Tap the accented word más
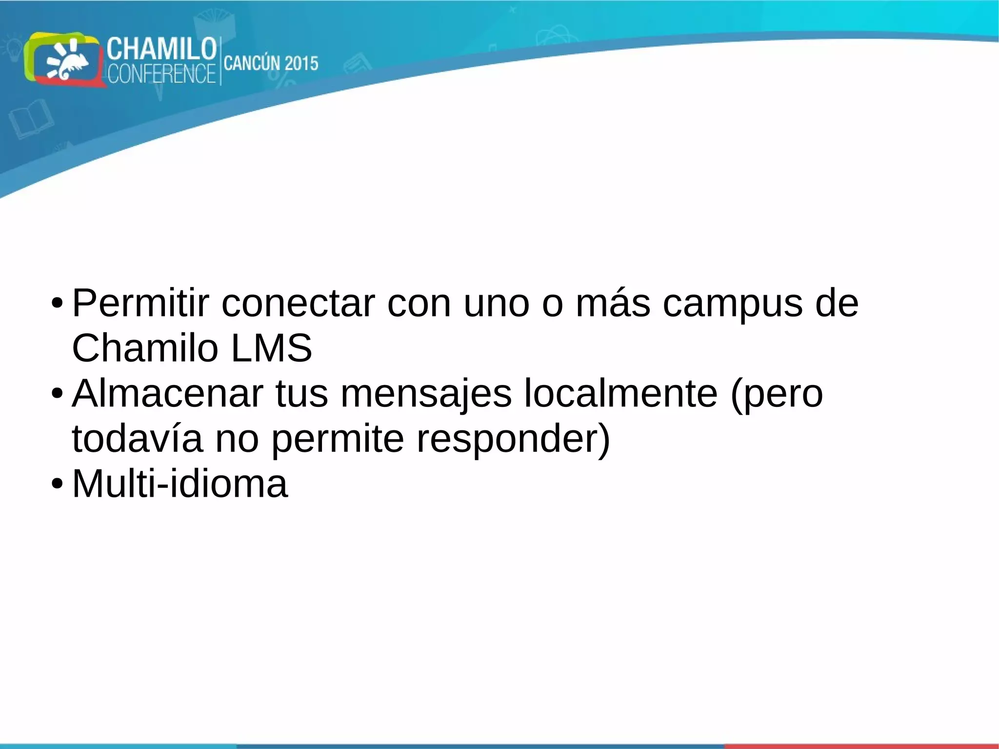pos(613,304)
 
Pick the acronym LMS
pos(271,348)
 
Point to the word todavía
pos(137,438)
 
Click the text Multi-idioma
pos(180,484)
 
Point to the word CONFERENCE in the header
pos(161,74)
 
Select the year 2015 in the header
pos(301,63)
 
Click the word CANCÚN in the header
pos(252,63)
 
